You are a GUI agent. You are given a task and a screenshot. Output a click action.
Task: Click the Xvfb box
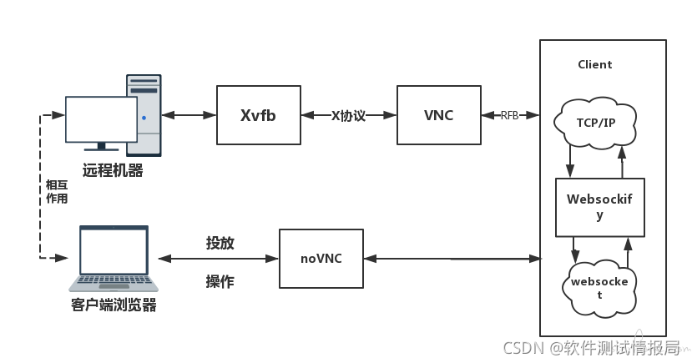point(258,115)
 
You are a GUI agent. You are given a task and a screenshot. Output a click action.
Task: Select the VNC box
point(438,115)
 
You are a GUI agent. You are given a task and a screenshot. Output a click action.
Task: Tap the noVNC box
point(321,259)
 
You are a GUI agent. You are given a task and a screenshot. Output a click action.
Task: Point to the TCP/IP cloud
point(595,122)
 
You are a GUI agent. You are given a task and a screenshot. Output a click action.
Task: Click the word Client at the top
point(595,64)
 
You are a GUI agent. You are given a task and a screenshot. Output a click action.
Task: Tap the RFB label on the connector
point(509,115)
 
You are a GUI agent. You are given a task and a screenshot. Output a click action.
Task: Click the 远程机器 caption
point(113,170)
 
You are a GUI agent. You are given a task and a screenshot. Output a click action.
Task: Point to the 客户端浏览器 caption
point(114,305)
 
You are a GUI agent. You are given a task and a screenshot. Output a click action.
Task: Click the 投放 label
point(220,243)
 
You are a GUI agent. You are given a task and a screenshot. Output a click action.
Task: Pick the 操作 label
point(220,282)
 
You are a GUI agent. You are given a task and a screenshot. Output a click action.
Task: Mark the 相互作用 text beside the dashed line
point(57,192)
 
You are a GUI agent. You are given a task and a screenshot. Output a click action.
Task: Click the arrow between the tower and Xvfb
point(189,115)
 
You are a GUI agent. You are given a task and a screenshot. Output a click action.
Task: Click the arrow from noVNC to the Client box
point(452,259)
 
